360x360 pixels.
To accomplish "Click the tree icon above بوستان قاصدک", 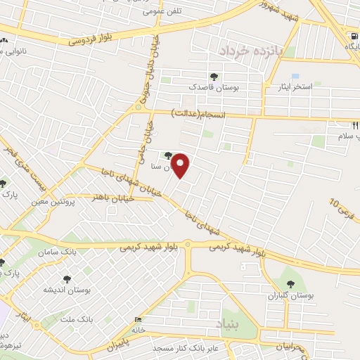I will pyautogui.click(x=214, y=76).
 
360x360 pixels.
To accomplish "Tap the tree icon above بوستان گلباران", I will pyautogui.click(x=290, y=285).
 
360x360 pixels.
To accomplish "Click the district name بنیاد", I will pyautogui.click(x=230, y=326).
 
